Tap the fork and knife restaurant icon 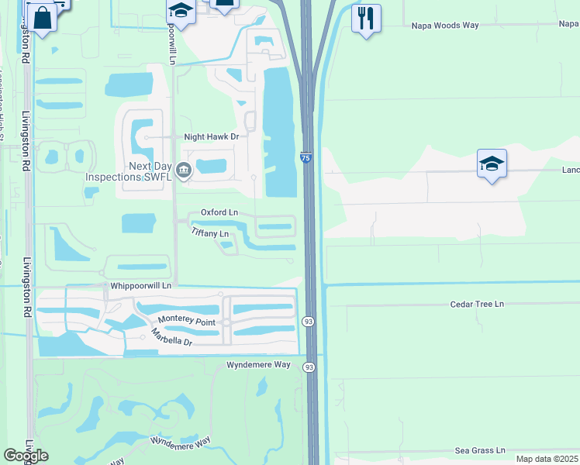366,17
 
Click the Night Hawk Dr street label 210,136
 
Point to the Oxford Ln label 219,212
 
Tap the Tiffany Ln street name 210,233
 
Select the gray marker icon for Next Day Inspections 184,170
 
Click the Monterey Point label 187,319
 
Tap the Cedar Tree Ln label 477,305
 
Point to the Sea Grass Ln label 480,449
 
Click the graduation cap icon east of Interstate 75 492,164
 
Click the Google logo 26,456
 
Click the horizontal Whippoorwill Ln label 145,284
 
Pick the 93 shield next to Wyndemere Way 309,367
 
